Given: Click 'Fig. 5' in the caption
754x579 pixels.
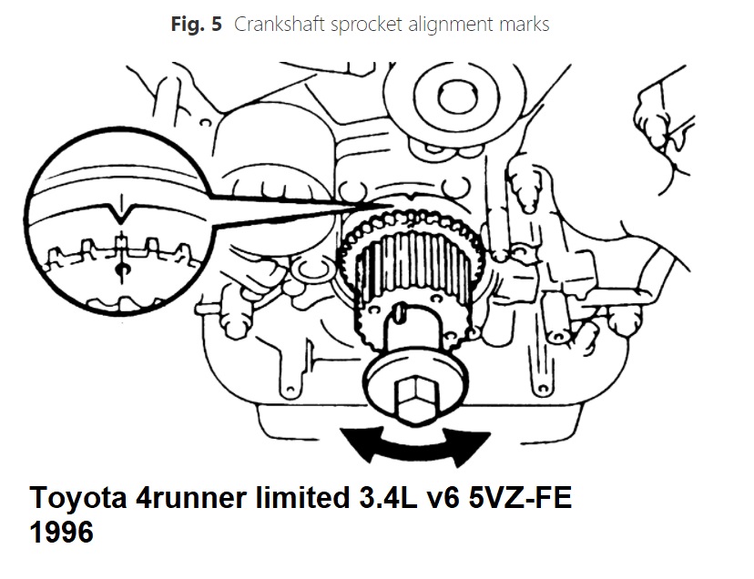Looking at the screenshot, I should [x=196, y=25].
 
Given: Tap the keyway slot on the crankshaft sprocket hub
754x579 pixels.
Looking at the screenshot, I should [x=400, y=313].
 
